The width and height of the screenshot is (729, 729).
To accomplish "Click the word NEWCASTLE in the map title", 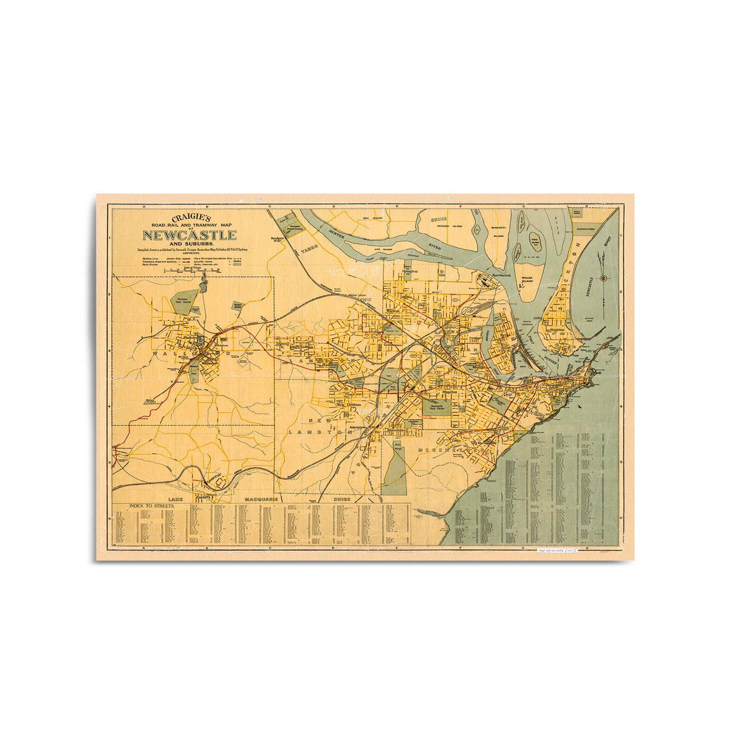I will (x=190, y=235).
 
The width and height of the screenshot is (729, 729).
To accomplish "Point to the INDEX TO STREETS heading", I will (x=151, y=505).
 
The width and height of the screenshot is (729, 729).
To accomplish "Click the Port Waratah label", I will (x=505, y=275).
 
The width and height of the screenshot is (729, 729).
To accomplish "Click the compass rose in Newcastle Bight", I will (x=603, y=278).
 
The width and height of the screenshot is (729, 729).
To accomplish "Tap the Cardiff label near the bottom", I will (x=205, y=496).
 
